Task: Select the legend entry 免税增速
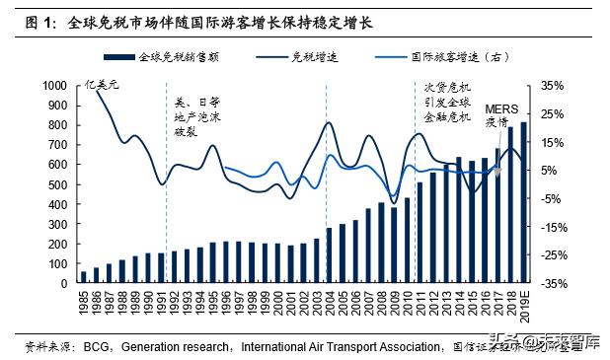[x=316, y=57]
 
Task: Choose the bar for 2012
[x=432, y=228]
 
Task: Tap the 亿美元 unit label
[x=102, y=86]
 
